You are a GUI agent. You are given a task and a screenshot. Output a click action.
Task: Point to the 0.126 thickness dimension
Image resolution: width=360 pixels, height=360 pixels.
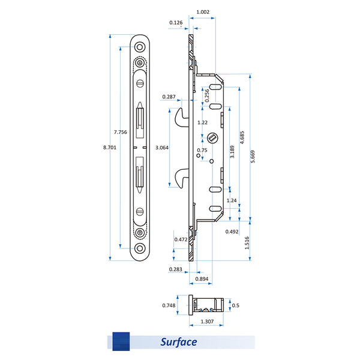coord(176,23)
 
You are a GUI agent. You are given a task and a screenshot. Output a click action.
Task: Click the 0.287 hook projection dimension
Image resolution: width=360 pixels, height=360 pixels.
coord(169,97)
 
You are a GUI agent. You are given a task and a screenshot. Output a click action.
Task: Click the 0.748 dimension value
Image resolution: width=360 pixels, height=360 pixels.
coord(170,305)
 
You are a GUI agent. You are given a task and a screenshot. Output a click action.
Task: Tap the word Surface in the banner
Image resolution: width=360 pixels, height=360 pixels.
coord(179,343)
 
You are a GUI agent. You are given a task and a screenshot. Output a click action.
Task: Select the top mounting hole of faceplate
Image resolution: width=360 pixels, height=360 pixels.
coord(140,46)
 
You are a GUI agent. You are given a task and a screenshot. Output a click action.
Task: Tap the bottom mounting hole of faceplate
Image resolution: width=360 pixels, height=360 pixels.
coord(140,248)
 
